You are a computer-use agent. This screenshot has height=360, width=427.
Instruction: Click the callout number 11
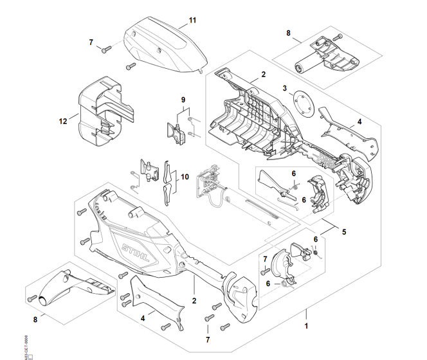coord(190,21)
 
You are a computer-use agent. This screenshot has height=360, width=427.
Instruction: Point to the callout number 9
coord(183,100)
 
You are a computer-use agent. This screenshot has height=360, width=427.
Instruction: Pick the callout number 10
coord(185,176)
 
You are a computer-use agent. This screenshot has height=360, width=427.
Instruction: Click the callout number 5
coord(343,231)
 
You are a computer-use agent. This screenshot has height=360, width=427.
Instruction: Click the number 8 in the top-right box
coord(288,32)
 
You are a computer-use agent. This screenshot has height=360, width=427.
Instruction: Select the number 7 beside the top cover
coord(91,42)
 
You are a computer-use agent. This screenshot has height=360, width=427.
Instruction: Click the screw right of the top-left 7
coord(106,47)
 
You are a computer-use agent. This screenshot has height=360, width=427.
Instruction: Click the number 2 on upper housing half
coord(262,75)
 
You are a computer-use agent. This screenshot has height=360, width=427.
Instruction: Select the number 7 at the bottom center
coord(207,338)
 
